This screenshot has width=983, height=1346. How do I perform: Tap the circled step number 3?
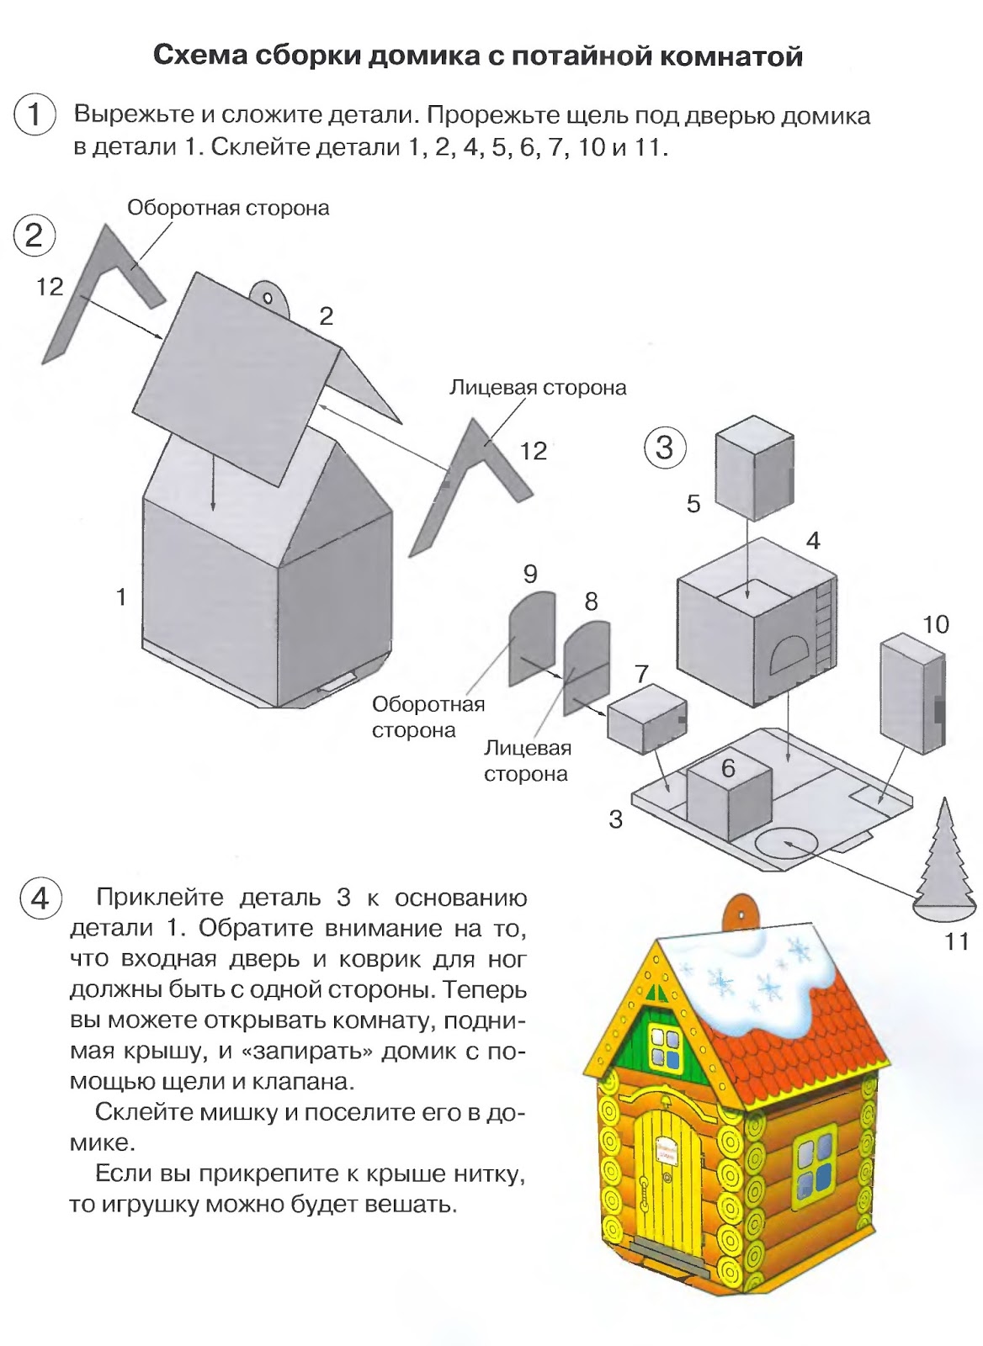[664, 447]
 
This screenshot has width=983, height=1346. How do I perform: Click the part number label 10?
[935, 623]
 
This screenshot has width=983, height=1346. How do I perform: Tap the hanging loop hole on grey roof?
[268, 299]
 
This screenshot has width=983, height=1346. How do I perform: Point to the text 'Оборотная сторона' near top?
[228, 208]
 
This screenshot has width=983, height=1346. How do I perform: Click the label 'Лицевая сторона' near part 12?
[538, 387]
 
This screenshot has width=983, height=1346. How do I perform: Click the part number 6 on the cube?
[728, 767]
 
